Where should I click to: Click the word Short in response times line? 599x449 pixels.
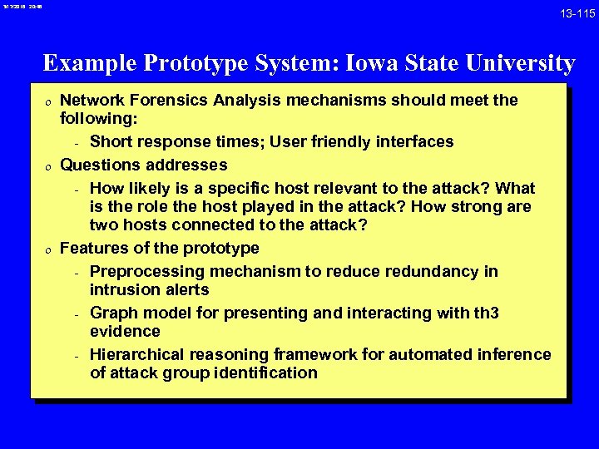point(111,142)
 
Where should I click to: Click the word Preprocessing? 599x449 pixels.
point(146,272)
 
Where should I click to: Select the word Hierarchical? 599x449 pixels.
point(137,355)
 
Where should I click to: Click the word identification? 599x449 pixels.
point(266,373)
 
